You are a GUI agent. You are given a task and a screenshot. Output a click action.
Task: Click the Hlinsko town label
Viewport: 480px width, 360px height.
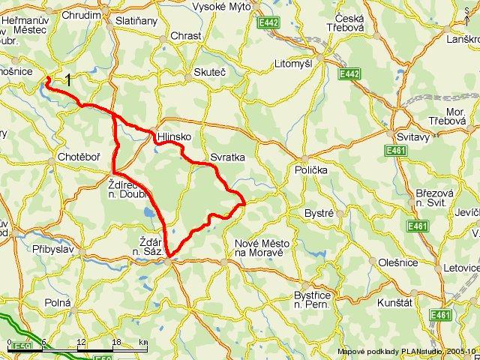click(x=173, y=138)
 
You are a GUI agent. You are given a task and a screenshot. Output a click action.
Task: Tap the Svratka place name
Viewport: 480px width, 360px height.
click(x=227, y=158)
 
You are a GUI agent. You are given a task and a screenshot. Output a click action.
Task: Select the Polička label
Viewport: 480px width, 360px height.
click(x=311, y=170)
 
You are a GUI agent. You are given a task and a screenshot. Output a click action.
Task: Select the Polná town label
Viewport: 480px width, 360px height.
click(x=58, y=301)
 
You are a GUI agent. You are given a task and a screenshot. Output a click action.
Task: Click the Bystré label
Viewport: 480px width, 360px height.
click(x=319, y=214)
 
